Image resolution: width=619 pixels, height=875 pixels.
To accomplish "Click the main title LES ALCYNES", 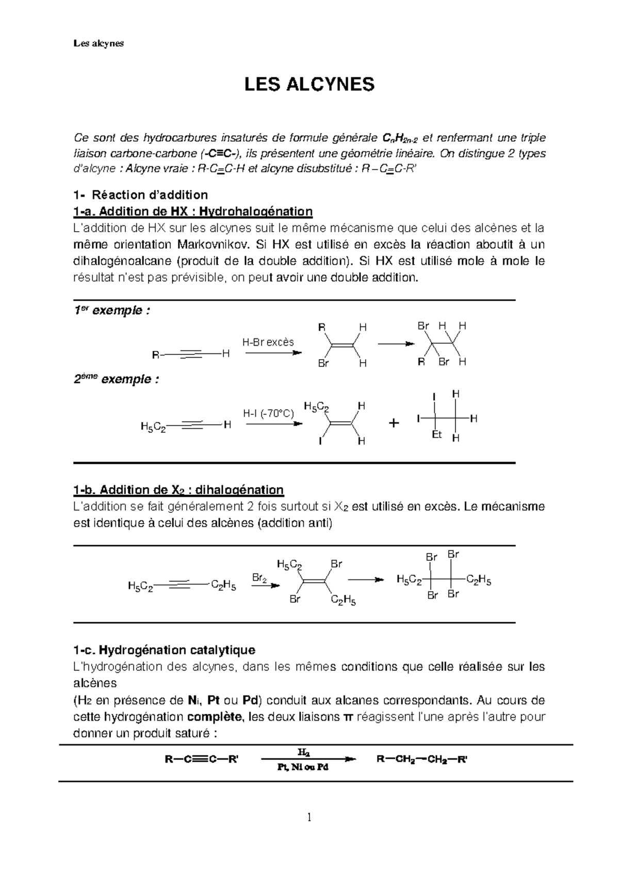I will pyautogui.click(x=309, y=84).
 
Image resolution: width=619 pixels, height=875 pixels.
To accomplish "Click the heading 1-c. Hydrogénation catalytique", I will pyautogui.click(x=164, y=650).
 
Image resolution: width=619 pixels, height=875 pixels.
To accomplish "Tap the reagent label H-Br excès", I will pyautogui.click(x=268, y=342).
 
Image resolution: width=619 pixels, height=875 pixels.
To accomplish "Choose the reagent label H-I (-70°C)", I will pyautogui.click(x=268, y=413).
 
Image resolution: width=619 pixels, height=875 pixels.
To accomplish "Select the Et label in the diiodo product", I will pyautogui.click(x=436, y=435).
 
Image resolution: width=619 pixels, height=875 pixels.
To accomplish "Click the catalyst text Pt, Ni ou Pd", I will pyautogui.click(x=302, y=767).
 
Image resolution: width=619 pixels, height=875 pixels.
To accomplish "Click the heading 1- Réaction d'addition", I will pyautogui.click(x=140, y=195).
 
